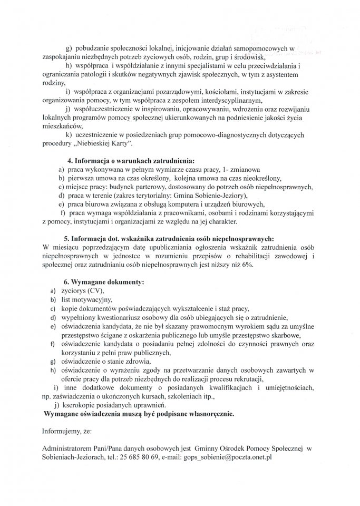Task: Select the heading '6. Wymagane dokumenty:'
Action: [104, 283]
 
